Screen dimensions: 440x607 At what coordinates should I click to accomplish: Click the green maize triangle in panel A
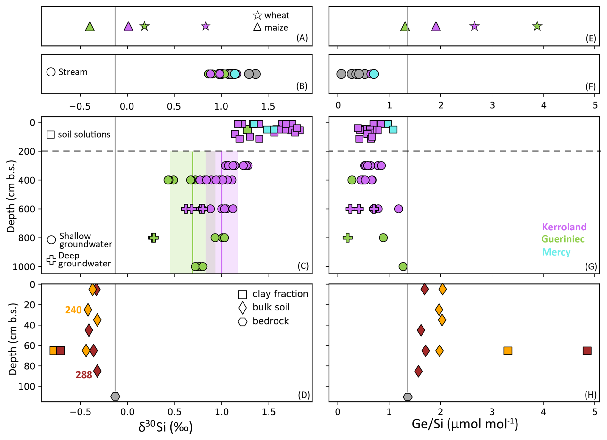click(90, 27)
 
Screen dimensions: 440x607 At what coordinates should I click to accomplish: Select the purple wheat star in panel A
click(206, 26)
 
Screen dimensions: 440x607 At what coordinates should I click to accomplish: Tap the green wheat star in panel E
click(537, 26)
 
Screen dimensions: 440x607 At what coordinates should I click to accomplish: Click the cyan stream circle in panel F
click(374, 74)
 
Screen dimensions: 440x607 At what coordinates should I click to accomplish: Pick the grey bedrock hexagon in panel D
click(115, 396)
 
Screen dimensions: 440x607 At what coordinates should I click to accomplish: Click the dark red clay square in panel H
click(587, 351)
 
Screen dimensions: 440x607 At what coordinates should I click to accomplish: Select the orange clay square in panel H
click(508, 351)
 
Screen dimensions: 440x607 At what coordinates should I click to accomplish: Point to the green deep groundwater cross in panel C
click(153, 238)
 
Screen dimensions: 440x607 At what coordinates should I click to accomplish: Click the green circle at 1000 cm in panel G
click(403, 266)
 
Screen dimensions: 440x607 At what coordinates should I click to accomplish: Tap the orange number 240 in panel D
click(73, 310)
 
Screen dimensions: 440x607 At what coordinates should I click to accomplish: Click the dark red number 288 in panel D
click(84, 375)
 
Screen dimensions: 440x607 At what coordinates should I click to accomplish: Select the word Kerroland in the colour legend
click(564, 227)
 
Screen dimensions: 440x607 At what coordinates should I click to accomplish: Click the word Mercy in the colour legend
click(556, 252)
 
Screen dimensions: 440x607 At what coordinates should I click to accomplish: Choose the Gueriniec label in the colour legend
click(563, 239)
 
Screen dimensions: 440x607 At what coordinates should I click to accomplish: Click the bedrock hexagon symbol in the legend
click(243, 321)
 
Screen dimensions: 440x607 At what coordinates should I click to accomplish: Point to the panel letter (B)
click(302, 86)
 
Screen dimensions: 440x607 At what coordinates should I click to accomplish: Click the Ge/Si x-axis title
click(465, 424)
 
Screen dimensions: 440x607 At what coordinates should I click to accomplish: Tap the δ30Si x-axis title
click(165, 427)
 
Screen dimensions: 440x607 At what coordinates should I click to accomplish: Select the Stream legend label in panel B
click(73, 72)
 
